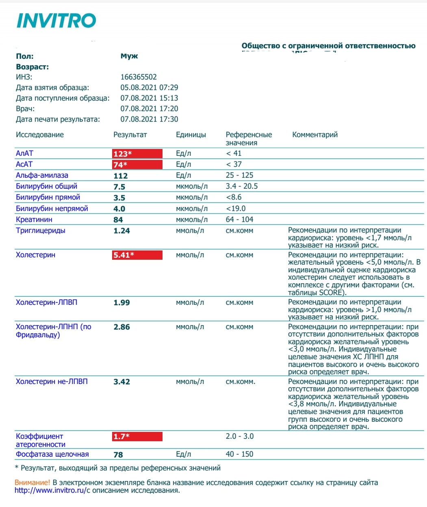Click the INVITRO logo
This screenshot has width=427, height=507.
[x=56, y=21]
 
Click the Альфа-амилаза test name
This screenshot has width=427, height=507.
[x=42, y=175]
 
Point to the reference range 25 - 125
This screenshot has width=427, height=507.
[x=239, y=175]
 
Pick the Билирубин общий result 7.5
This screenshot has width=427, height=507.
[x=119, y=187]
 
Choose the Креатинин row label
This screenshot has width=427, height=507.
[x=34, y=220]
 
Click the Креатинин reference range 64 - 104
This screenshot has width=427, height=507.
[x=239, y=220]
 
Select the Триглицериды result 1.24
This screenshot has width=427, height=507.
[x=121, y=231]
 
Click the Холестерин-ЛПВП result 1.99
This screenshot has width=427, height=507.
[x=121, y=303]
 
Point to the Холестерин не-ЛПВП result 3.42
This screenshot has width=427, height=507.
[x=121, y=382]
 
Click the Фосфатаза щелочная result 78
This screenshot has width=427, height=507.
[x=118, y=455]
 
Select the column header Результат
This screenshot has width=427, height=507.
[x=130, y=135]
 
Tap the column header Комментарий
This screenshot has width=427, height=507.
[x=315, y=135]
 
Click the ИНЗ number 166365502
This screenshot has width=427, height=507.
[x=139, y=77]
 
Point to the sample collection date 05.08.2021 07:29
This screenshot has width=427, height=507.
[x=149, y=88]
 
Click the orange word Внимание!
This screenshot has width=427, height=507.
[x=33, y=483]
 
